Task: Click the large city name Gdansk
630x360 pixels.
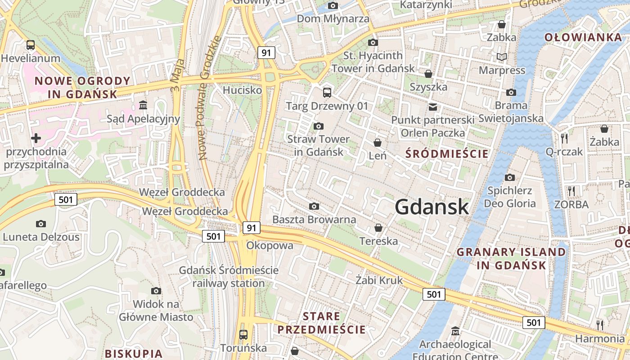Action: [x=432, y=207]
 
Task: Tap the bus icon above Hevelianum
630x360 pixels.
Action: [x=31, y=45]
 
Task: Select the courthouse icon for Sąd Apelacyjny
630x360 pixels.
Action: [x=143, y=105]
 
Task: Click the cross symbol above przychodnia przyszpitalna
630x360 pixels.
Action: [x=36, y=138]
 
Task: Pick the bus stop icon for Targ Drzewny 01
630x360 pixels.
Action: [x=327, y=93]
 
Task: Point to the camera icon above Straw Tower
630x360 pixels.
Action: [x=319, y=126]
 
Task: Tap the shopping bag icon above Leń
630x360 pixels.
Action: [x=378, y=143]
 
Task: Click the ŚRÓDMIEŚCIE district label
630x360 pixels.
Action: [x=446, y=154]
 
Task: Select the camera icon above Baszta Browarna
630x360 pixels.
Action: [x=314, y=206]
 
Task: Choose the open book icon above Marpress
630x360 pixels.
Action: [x=502, y=57]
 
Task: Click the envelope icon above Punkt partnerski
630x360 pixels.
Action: [x=433, y=107]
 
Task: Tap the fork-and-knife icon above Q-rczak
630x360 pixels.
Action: [x=564, y=138]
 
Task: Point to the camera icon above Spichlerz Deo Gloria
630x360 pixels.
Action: [x=510, y=177]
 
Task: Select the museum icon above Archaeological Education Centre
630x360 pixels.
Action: [x=455, y=331]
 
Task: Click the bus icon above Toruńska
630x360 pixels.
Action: [x=243, y=335]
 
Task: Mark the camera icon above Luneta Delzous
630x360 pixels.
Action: [x=41, y=224]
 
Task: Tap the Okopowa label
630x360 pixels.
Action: [x=270, y=246]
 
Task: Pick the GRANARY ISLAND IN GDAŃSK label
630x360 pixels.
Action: [x=511, y=258]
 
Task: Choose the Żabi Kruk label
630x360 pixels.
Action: [x=379, y=280]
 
